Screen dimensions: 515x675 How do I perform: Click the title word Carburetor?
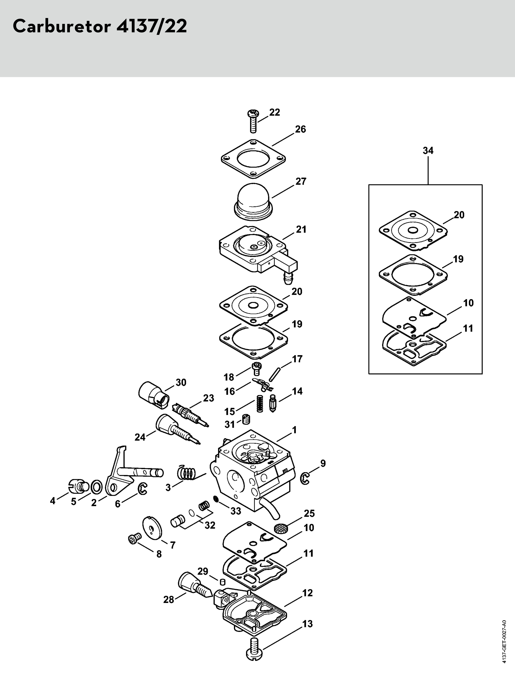[x=61, y=27]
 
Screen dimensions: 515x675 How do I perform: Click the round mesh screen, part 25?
[x=280, y=528]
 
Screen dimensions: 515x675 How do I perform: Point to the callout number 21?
[x=301, y=229]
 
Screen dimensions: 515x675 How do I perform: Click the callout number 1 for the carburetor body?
[x=294, y=430]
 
